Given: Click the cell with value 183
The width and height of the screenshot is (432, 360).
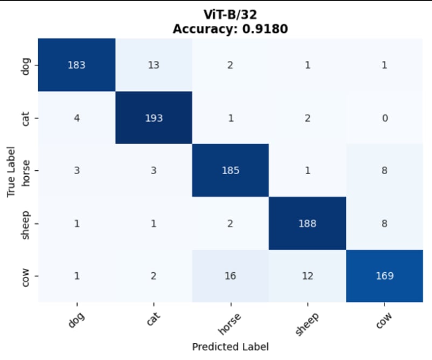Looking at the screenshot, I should (77, 65).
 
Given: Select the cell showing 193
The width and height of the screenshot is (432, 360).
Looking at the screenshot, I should (154, 117).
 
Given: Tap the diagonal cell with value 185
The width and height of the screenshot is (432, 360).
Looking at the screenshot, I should (231, 170).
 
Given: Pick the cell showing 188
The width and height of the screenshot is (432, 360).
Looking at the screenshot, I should (307, 223).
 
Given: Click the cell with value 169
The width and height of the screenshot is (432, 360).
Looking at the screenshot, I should (384, 276).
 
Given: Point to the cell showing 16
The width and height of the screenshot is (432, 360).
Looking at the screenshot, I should (231, 276).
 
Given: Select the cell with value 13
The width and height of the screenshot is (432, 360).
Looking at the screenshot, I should (154, 65).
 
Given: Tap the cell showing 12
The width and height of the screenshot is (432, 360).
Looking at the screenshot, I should (307, 276).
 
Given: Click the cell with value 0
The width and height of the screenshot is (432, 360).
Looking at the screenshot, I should (384, 117).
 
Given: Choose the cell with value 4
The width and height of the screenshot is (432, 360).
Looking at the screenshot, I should (77, 117).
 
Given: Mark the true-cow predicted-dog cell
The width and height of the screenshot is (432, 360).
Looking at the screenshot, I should (77, 276).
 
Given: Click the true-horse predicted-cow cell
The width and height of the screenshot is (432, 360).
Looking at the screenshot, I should (384, 170).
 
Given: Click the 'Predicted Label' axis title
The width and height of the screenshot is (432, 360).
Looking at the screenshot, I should (230, 347).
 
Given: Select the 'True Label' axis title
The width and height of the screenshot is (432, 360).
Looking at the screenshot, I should (11, 170).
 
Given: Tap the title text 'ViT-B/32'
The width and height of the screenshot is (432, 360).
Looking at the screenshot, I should (230, 17).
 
